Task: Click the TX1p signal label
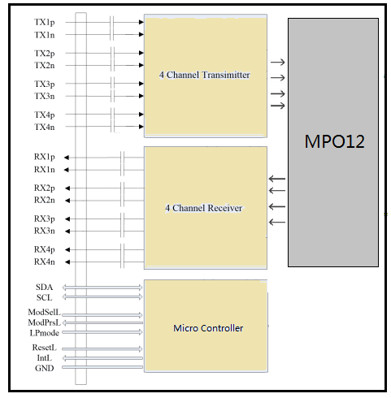pyautogui.click(x=45, y=22)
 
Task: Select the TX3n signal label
pyautogui.click(x=45, y=96)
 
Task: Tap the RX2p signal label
pyautogui.click(x=45, y=188)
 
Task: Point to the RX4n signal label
pyautogui.click(x=45, y=262)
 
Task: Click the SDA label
pyautogui.click(x=44, y=287)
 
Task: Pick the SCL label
pyautogui.click(x=44, y=297)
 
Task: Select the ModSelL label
pyautogui.click(x=44, y=312)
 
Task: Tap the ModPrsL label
pyautogui.click(x=44, y=322)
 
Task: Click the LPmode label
pyautogui.click(x=44, y=333)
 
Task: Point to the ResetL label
pyautogui.click(x=44, y=348)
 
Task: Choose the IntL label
pyautogui.click(x=44, y=358)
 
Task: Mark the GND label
pyautogui.click(x=44, y=368)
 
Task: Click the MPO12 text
pyautogui.click(x=334, y=141)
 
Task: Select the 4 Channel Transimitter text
pyautogui.click(x=205, y=75)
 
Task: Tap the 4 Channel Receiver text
pyautogui.click(x=204, y=208)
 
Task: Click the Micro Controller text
pyautogui.click(x=208, y=328)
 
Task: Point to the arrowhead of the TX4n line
pyautogui.click(x=141, y=127)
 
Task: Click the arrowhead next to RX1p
pyautogui.click(x=67, y=158)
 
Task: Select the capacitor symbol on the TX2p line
pyautogui.click(x=112, y=53)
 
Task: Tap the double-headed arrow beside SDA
pyautogui.click(x=102, y=288)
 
